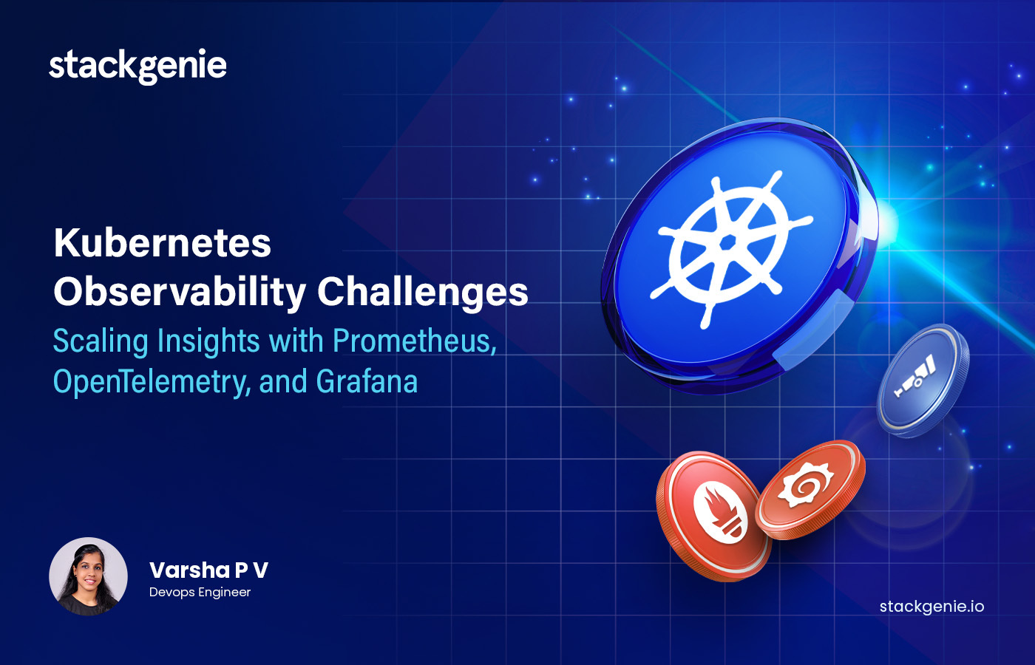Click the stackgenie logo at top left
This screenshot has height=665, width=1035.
coord(138,66)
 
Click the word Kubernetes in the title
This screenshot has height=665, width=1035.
coord(163,243)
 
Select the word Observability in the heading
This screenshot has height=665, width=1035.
coord(179,292)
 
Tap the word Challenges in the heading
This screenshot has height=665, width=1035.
coord(423,292)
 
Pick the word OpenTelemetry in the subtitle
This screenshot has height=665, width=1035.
coord(151,382)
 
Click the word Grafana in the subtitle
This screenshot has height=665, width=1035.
coord(367,382)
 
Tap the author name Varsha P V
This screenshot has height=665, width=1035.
coord(208,570)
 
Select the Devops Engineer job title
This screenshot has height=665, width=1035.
coord(200,593)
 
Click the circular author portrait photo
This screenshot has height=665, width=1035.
coord(88,576)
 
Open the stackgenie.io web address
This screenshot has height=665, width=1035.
coord(931,607)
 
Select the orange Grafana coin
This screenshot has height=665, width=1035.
coord(810,488)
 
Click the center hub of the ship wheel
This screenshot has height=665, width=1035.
coord(727,243)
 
